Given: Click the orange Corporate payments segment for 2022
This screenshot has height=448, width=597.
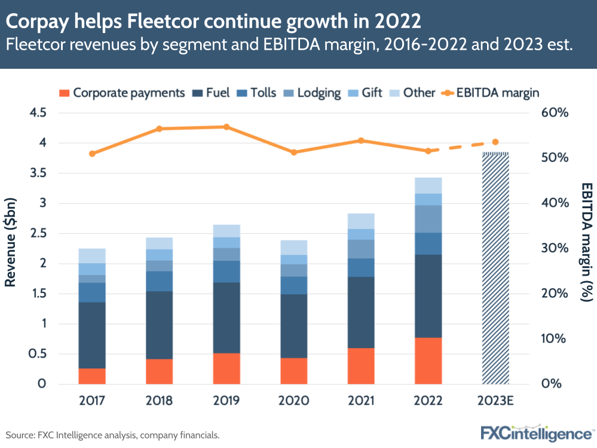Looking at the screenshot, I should coord(428,361).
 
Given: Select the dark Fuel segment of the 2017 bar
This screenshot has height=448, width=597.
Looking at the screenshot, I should coord(92,335).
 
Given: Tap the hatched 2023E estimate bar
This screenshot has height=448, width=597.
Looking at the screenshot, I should coord(495,269).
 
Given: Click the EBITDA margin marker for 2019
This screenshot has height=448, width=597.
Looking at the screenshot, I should coord(226,127).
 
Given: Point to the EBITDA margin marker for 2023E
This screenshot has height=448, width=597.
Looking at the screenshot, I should coord(495,142).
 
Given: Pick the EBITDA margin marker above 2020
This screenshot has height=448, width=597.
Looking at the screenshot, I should coord(293,153).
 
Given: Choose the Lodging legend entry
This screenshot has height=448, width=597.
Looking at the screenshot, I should coord(312,93).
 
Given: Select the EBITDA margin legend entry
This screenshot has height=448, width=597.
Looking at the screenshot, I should coord(492,93).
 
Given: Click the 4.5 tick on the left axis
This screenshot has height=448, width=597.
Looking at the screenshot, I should coord(38,113).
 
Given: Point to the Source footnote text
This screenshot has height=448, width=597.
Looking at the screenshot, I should coord(113,435).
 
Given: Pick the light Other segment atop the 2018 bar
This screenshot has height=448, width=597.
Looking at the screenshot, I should coord(159,243).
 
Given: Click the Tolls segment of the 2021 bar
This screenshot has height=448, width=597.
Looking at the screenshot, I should coord(361,267).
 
